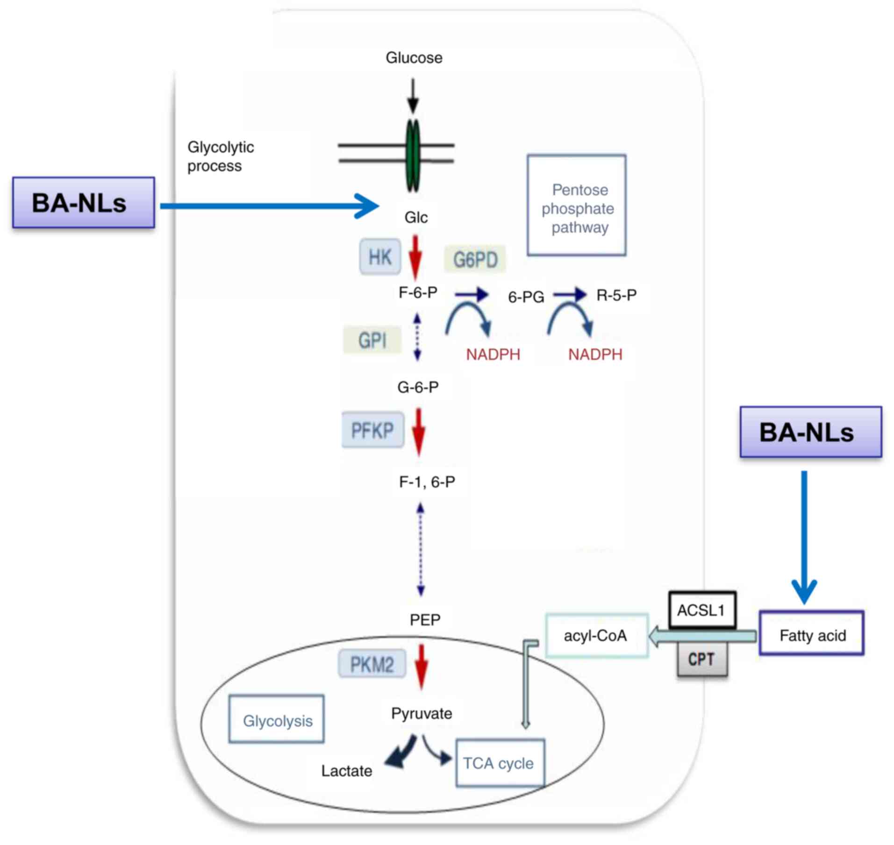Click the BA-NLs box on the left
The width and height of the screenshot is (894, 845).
coord(83,202)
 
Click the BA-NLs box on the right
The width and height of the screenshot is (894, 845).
coord(811,432)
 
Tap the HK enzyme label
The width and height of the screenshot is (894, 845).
coord(380,256)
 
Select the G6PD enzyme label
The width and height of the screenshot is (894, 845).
coord(475,259)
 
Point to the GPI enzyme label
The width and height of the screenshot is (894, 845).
coord(372,340)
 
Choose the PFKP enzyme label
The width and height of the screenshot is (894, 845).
coord(372,430)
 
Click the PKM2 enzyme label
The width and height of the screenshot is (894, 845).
coord(372,664)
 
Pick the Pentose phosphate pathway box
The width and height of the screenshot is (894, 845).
coord(577,205)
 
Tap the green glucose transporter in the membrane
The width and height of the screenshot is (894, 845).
coord(412,156)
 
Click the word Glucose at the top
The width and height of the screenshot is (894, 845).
coord(414,57)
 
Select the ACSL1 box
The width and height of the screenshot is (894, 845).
coord(702,610)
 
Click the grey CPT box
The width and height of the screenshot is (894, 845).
coord(702,659)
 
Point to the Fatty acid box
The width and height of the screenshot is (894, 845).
coord(812,633)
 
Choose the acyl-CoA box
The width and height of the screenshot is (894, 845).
coord(597,635)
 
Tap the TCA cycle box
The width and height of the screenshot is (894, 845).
coord(500,762)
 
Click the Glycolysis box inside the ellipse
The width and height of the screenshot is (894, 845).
coord(277,718)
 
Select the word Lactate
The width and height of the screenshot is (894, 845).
coord(347,771)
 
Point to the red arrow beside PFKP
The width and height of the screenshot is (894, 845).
coord(419,432)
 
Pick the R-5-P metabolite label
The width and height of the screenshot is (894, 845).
coord(616,295)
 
